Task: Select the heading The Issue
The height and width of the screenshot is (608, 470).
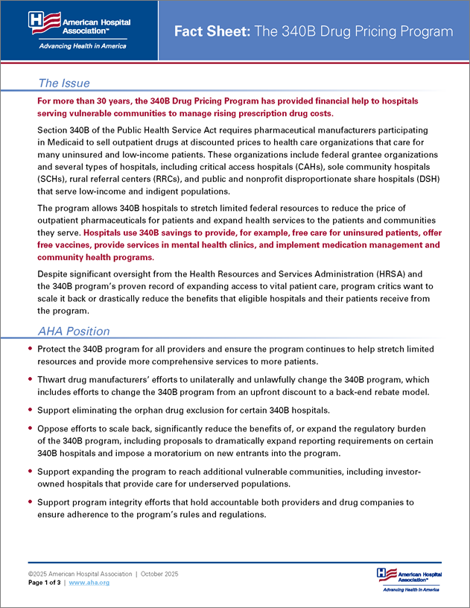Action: click(x=64, y=83)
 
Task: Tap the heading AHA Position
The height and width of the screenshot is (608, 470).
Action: click(x=74, y=331)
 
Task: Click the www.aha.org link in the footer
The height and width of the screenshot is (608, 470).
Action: click(x=89, y=582)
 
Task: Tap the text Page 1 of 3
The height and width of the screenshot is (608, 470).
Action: click(x=45, y=582)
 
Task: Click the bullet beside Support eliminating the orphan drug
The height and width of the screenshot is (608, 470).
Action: click(x=30, y=410)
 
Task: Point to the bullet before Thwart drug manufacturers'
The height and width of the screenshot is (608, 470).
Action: click(x=30, y=379)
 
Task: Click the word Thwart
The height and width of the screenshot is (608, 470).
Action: click(x=52, y=379)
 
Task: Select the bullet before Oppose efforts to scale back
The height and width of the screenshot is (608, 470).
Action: click(x=30, y=429)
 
